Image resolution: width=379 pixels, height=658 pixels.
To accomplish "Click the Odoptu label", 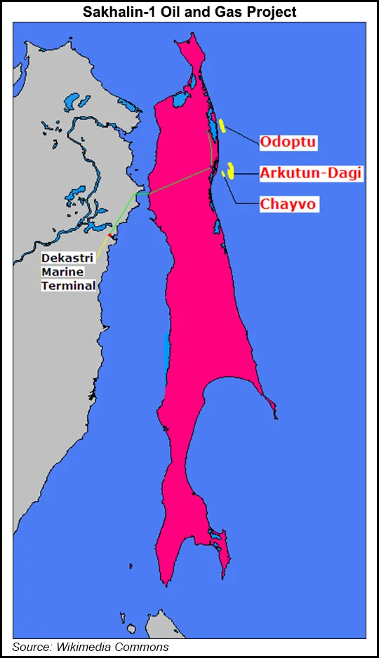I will click(x=288, y=142).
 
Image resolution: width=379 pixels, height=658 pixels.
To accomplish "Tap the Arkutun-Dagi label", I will click(x=311, y=173).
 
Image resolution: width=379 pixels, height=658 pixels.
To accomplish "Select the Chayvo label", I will click(x=288, y=204).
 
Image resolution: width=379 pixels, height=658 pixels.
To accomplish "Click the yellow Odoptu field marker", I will click(x=222, y=126).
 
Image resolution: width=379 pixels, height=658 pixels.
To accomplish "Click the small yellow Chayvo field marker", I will click(x=223, y=174).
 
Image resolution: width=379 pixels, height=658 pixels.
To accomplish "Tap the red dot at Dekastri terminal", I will click(x=110, y=236).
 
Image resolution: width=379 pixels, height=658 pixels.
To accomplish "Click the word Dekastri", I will click(x=67, y=258).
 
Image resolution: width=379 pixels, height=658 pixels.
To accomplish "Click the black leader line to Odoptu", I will click(x=242, y=135).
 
